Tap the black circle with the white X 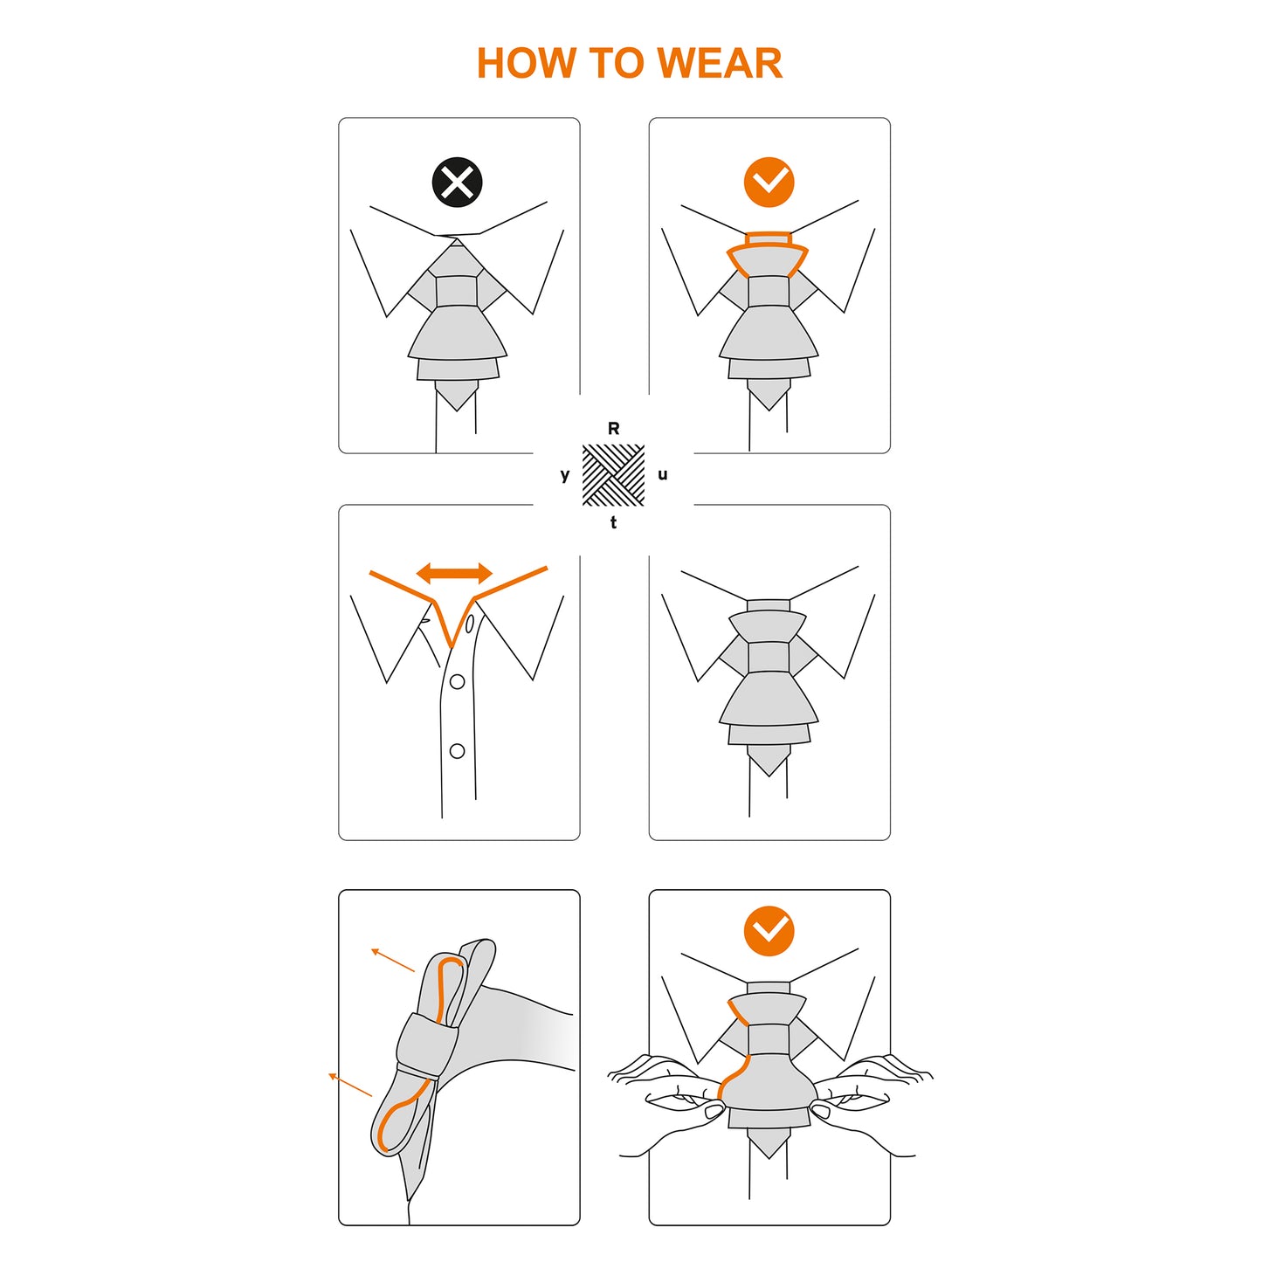point(457,182)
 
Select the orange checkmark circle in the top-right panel point(769,182)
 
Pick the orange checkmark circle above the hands point(769,931)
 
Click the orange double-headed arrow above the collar point(454,573)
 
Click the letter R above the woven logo point(614,428)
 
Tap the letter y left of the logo point(565,475)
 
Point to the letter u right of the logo point(663,475)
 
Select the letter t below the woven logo point(614,522)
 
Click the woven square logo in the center point(614,475)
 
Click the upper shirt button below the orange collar point(457,681)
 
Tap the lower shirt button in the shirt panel point(457,750)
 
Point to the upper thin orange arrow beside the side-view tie point(393,960)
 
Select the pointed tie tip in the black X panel point(457,398)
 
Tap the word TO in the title point(616,63)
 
